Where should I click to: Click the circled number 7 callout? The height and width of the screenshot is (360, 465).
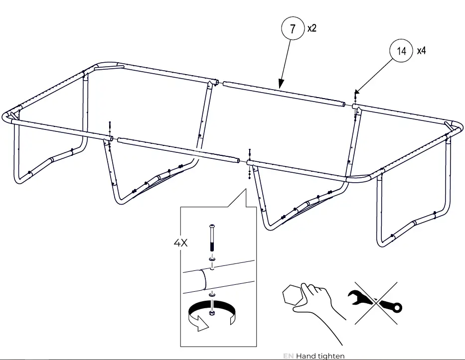[x=293, y=29]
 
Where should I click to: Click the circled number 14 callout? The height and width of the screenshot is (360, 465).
[x=402, y=50]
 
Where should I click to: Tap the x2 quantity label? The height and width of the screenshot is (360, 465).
[x=312, y=28]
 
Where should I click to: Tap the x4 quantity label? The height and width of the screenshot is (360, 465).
[x=421, y=50]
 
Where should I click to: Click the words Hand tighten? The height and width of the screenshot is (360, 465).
[x=320, y=356]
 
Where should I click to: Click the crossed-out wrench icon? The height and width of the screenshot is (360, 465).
[x=375, y=303]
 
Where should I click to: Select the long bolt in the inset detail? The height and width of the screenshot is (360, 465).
[x=213, y=239]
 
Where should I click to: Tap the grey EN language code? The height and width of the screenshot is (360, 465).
[x=288, y=356]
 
